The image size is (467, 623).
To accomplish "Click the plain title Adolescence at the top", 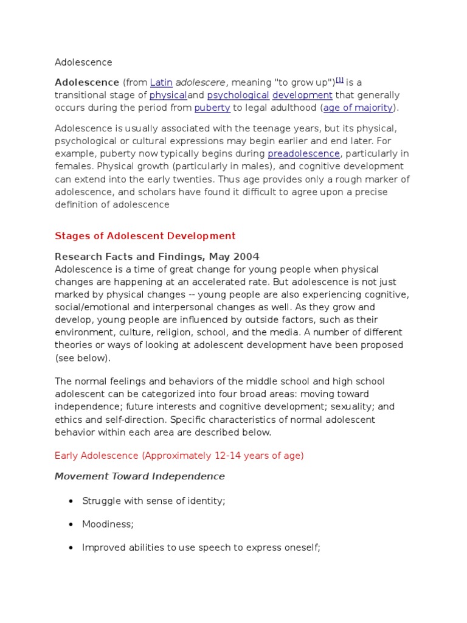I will [83, 62].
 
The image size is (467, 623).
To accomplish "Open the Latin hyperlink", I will [161, 82].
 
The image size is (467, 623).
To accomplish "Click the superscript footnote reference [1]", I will [340, 80].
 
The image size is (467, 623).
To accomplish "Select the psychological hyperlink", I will [238, 96].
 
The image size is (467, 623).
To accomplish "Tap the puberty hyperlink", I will [212, 108].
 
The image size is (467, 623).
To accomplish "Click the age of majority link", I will [358, 108].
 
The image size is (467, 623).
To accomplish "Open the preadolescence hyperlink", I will [303, 153].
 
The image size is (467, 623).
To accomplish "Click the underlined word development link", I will [302, 96].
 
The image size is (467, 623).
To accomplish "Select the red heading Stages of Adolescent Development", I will [145, 236].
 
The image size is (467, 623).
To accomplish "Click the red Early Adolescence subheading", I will [179, 455].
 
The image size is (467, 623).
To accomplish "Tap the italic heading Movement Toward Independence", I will [139, 476].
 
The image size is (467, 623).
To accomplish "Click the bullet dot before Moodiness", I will [71, 524].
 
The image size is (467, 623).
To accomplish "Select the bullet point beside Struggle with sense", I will [71, 501].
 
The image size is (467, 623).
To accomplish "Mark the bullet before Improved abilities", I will [71, 548].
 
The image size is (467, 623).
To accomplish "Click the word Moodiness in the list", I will [108, 524].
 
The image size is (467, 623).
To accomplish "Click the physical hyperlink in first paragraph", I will [168, 96].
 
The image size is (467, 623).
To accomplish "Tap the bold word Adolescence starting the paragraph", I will [87, 82].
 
